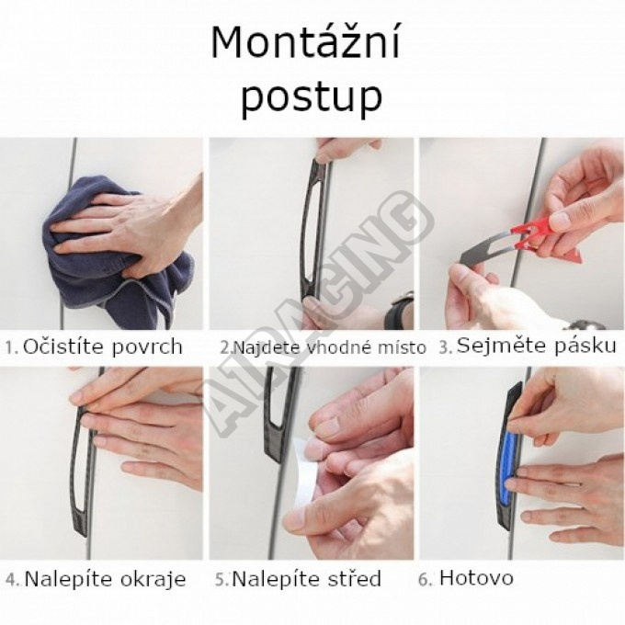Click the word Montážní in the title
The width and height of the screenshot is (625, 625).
[305, 43]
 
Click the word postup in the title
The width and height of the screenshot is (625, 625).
[312, 97]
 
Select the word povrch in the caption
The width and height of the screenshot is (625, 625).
[147, 347]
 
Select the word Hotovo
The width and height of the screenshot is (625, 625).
[476, 577]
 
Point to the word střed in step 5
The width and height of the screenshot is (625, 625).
[355, 579]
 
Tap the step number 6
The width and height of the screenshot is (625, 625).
[425, 580]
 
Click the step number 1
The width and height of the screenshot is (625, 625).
[11, 348]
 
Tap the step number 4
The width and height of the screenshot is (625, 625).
[13, 580]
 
